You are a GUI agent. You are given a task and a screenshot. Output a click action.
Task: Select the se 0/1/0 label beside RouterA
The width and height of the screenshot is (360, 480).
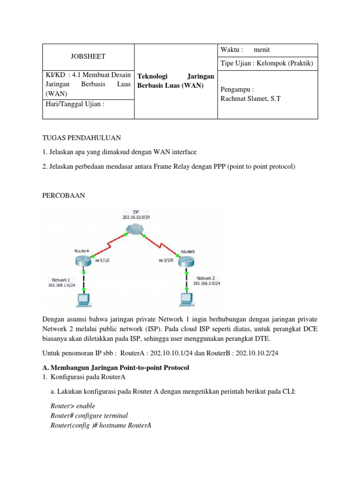(x=103, y=259)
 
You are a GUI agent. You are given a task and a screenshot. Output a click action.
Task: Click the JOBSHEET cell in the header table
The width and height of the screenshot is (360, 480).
(x=88, y=56)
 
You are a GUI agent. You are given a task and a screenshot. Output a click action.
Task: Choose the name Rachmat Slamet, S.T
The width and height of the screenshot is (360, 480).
(x=250, y=99)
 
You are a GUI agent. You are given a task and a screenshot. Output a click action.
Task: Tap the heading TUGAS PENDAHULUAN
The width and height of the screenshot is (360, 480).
(x=82, y=138)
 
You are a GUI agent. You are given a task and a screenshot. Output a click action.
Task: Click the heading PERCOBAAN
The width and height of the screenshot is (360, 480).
(x=64, y=196)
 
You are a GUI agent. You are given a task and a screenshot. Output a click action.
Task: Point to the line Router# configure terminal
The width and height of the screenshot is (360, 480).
(x=89, y=415)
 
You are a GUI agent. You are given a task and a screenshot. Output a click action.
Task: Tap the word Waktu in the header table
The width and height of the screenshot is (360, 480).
(x=231, y=50)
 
